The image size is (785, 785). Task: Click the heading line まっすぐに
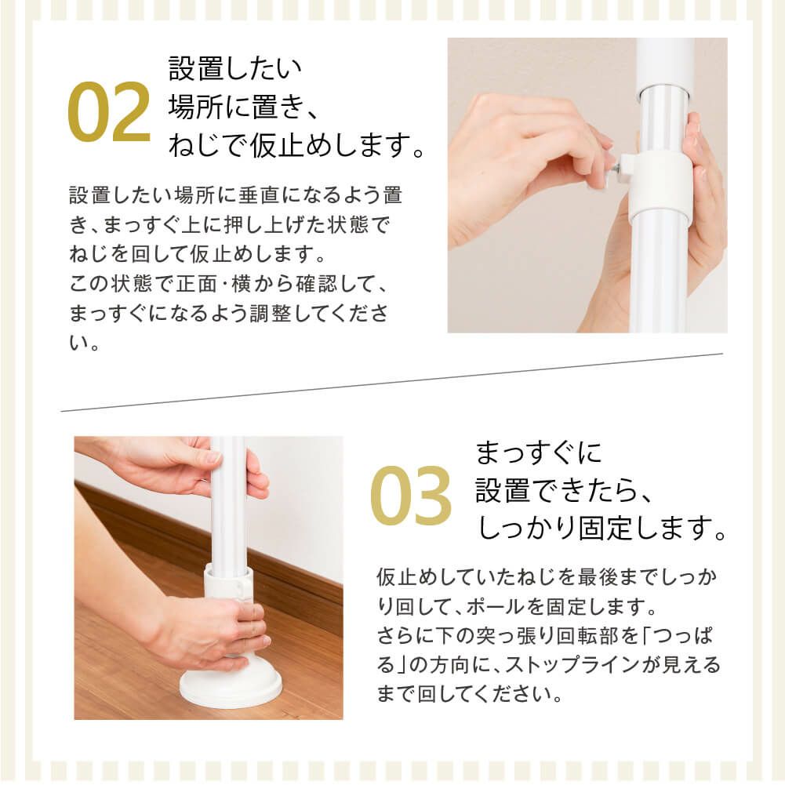[539, 453]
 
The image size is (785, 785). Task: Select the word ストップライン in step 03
[580, 666]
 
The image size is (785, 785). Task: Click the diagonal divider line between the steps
[392, 382]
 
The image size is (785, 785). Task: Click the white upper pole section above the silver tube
[664, 63]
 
